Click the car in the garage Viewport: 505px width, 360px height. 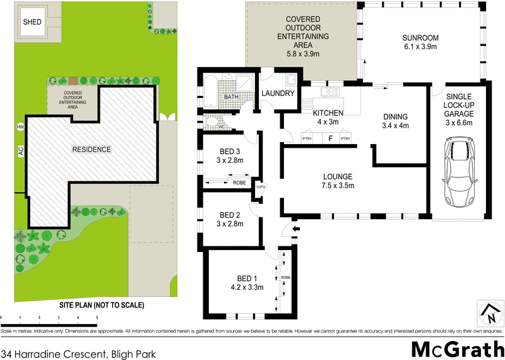(459, 170)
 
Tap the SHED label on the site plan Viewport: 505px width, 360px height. (32, 22)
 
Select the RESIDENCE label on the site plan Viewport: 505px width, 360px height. (91, 150)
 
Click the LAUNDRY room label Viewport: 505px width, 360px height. (278, 93)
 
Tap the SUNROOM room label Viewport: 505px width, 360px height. (420, 37)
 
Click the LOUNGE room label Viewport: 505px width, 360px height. (336, 176)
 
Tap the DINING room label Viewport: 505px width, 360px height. (396, 116)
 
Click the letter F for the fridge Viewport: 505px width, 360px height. (330, 138)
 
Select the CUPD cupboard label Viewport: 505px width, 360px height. (259, 186)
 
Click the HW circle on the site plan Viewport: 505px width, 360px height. (20, 127)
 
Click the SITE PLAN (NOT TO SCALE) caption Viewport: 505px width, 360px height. (102, 306)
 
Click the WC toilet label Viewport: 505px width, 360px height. (222, 127)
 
